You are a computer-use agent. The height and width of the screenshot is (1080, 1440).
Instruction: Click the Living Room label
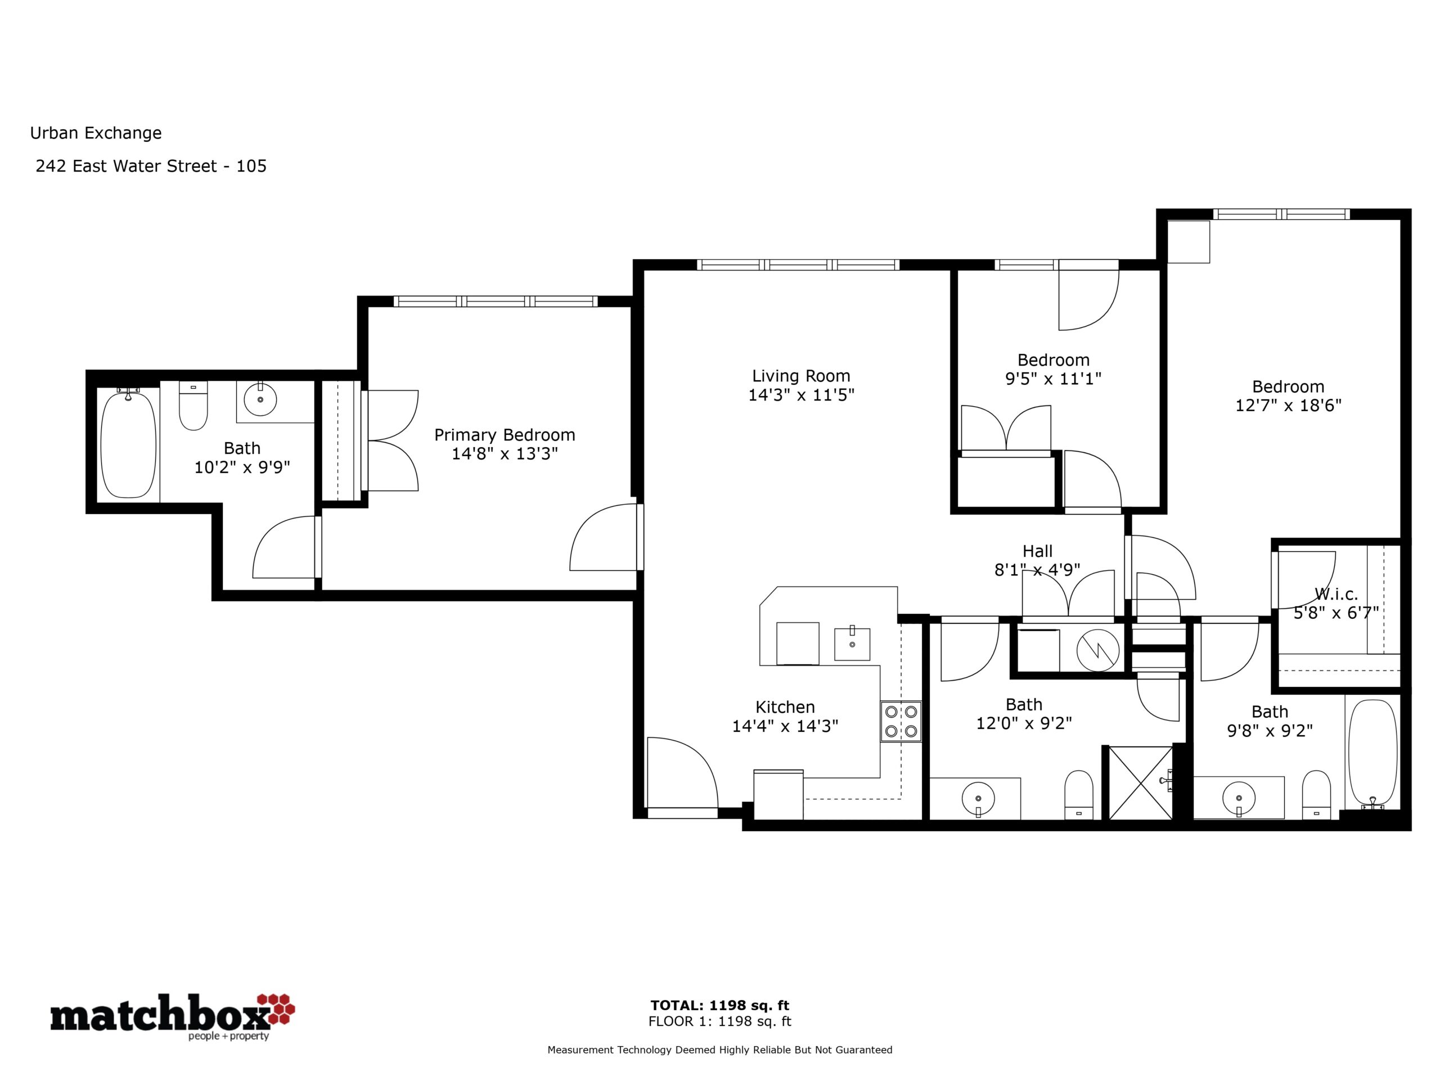[x=801, y=376]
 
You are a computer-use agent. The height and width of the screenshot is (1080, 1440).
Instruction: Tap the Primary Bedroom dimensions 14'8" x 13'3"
[x=505, y=454]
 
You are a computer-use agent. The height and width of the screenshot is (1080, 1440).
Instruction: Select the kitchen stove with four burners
[x=901, y=721]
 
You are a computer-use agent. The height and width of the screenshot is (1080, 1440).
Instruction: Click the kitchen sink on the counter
[x=852, y=644]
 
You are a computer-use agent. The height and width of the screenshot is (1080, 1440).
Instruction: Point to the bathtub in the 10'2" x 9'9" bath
[x=129, y=444]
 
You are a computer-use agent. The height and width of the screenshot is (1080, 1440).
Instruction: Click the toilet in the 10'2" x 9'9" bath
[x=193, y=406]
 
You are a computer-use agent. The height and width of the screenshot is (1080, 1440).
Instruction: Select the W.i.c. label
[x=1336, y=595]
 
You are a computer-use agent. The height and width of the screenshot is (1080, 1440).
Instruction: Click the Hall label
[x=1037, y=551]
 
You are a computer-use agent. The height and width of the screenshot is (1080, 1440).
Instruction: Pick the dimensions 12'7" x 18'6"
[x=1288, y=406]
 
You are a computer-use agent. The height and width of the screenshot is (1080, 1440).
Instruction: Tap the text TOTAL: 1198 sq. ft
[x=719, y=1005]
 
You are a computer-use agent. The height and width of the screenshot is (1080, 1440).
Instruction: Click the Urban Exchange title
[x=96, y=133]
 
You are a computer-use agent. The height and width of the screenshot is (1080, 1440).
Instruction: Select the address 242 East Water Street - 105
[x=151, y=166]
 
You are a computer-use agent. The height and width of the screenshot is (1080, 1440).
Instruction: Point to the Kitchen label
[x=785, y=707]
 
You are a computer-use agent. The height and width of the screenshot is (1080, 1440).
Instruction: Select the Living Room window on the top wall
[x=798, y=265]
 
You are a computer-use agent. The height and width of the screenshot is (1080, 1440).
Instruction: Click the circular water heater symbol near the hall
[x=1097, y=650]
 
